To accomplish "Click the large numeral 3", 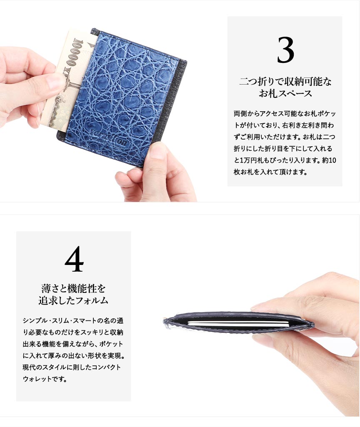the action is [x=285, y=50].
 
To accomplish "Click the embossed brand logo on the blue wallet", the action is [x=108, y=137].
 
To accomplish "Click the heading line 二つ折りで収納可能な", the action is [x=285, y=81].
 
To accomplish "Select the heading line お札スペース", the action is [x=285, y=93].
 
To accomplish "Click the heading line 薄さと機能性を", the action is [x=73, y=288].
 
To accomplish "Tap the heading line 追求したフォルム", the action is [x=73, y=300].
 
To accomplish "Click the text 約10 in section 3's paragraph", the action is [x=329, y=160].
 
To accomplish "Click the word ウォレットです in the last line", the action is [x=45, y=379].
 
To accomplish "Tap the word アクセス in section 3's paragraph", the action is [x=271, y=114].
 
